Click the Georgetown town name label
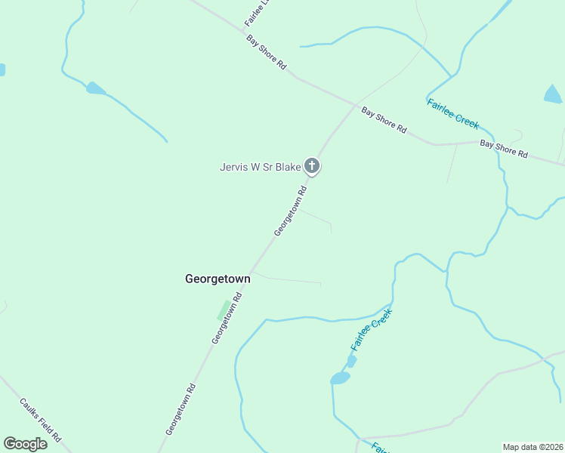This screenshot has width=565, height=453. coord(218,279)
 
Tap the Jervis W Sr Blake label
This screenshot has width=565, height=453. coord(261,167)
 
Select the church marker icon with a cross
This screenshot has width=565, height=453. coord(312,166)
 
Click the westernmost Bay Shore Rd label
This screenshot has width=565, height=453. coord(267,53)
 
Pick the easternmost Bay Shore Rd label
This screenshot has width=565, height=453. coord(505,148)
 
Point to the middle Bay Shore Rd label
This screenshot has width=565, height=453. coord(384,121)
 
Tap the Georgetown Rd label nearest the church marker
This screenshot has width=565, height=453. coord(290,212)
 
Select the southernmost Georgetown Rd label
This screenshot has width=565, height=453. coord(181,408)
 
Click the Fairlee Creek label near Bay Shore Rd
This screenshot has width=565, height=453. coord(452,114)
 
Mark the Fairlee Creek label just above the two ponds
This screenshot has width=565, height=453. coord(372,329)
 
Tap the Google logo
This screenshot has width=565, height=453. coord(25,444)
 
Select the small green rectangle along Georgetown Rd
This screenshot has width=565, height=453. coord(224,310)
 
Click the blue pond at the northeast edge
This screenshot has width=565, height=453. coord(553,94)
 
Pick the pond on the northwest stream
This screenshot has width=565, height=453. coord(95,88)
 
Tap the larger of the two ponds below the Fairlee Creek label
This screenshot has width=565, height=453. coord(340,377)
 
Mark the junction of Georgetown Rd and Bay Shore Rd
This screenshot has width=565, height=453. coord(354,104)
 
